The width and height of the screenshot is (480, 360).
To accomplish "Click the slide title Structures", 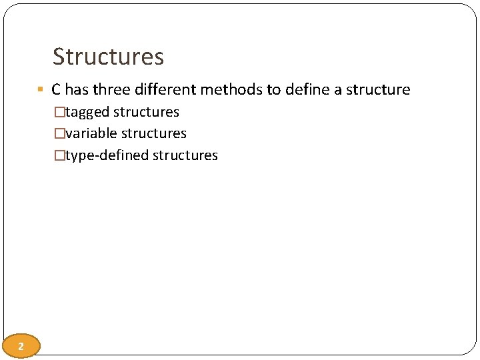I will (x=108, y=57).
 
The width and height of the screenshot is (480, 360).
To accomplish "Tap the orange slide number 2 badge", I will (x=21, y=346).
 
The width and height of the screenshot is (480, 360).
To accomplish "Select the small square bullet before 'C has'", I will (x=41, y=89).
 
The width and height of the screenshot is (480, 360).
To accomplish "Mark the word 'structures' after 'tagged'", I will (x=146, y=112).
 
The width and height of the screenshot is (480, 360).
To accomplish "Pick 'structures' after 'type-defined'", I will (x=185, y=155).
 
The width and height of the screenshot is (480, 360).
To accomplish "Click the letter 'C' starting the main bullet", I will (x=56, y=89).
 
